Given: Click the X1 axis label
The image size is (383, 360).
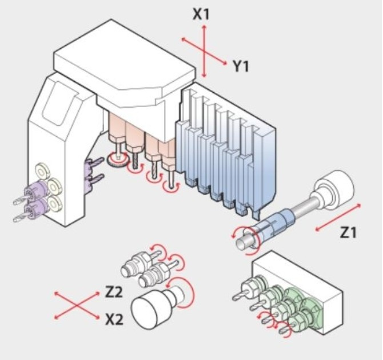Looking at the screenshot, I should point(201,14).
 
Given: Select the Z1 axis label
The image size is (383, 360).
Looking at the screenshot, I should point(348,232).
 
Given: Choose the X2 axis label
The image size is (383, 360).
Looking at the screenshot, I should point(114,319).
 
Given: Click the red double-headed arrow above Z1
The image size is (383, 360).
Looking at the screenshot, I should point(338,217).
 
